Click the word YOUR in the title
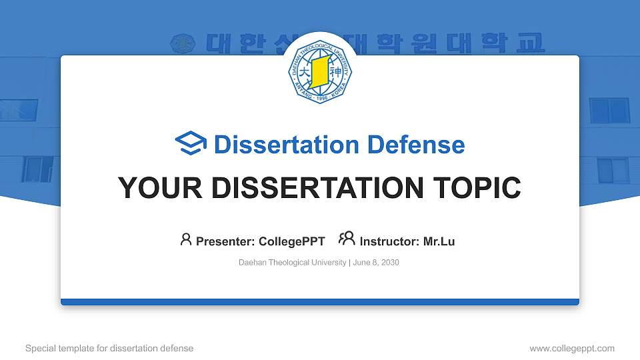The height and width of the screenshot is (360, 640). (153, 188)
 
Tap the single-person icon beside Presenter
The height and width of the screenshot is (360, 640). (186, 239)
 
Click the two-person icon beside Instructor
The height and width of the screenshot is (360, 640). (347, 239)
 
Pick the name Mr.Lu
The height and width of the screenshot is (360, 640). (439, 241)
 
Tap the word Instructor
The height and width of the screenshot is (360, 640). (389, 241)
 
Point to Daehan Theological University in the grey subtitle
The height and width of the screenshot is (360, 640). (292, 263)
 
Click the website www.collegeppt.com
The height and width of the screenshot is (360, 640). (572, 348)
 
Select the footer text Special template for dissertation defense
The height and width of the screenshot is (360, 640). (109, 348)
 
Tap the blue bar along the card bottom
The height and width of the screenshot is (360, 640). (320, 302)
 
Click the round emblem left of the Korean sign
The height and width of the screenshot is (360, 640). (181, 43)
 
